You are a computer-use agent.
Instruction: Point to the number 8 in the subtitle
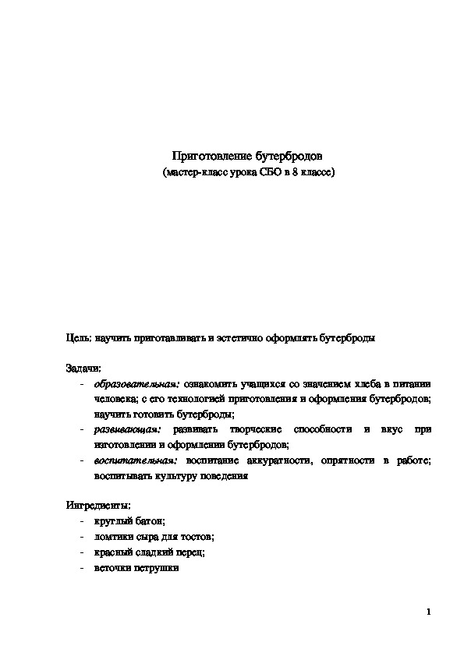296,171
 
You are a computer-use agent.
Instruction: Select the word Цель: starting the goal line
78,339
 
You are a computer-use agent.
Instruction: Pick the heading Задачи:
83,369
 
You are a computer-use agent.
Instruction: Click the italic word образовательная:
136,384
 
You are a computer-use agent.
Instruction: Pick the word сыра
149,537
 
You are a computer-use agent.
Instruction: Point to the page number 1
429,612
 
